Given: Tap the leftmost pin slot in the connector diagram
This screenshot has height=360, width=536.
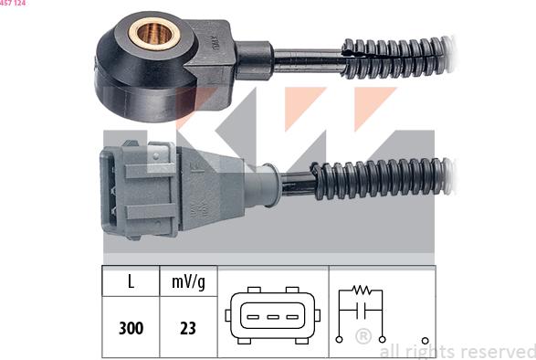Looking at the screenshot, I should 247,320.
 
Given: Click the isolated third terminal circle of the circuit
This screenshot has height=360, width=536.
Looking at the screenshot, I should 425,339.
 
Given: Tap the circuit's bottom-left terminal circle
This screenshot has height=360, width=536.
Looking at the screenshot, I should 340,339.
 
